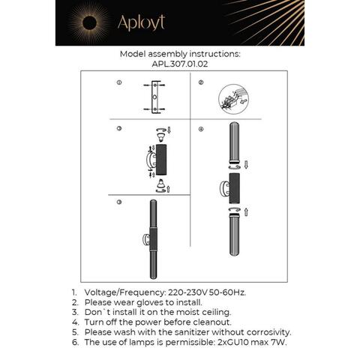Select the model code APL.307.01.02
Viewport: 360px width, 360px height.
click(x=179, y=64)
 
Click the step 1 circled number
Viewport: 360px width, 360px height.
click(x=118, y=82)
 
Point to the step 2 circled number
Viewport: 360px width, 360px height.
click(x=200, y=82)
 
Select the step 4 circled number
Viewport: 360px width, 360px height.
click(x=200, y=130)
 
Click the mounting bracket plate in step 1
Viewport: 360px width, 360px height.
click(x=154, y=98)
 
